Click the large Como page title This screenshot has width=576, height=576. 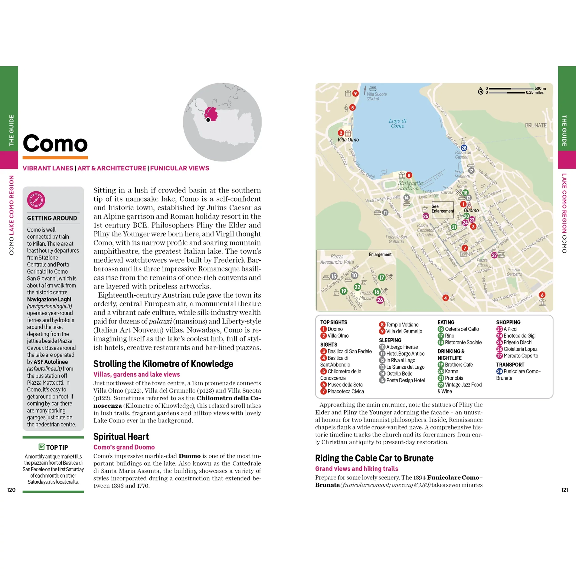tap(55, 143)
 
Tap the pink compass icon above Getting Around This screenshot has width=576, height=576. tap(36, 200)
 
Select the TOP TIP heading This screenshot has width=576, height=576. tap(54, 447)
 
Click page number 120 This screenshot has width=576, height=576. tap(11, 490)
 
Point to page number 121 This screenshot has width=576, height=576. tap(564, 490)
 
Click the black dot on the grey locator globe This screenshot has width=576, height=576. tap(208, 120)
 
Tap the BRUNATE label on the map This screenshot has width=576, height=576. tap(536, 125)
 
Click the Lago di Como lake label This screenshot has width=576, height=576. tap(397, 123)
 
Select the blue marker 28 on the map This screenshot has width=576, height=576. tap(464, 148)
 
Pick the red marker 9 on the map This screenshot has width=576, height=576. tap(355, 93)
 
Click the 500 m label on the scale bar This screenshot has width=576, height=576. tap(540, 88)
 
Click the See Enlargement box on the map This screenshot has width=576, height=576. tap(443, 209)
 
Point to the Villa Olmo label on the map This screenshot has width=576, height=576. tap(348, 140)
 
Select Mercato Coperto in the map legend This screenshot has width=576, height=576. tap(520, 356)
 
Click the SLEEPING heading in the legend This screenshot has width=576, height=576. tap(390, 340)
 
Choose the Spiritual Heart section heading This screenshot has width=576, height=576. tap(121, 436)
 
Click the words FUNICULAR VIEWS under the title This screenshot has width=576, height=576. tap(180, 168)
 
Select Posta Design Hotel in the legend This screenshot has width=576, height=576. tap(405, 380)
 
